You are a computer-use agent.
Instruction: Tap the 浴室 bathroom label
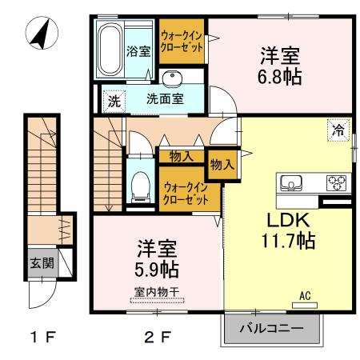(x=138, y=52)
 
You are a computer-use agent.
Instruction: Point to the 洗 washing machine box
(x=114, y=102)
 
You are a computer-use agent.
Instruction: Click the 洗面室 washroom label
(x=164, y=102)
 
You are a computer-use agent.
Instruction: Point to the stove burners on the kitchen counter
(x=337, y=183)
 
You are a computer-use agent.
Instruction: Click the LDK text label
(x=278, y=219)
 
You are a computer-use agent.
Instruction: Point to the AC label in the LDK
(x=304, y=296)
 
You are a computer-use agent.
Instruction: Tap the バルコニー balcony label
(x=271, y=328)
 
